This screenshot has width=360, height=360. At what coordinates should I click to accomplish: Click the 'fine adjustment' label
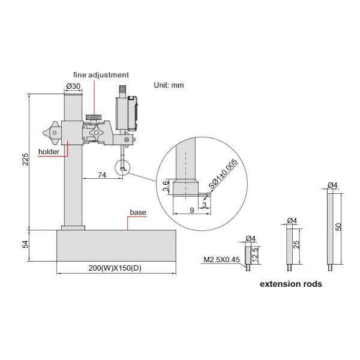[101, 75]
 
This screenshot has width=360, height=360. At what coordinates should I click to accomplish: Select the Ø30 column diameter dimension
[73, 86]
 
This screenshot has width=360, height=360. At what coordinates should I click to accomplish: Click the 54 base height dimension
[25, 245]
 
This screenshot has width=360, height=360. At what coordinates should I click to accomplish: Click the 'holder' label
[49, 152]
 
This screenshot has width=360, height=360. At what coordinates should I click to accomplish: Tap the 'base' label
[138, 212]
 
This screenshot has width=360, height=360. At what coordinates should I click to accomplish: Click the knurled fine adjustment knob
[93, 116]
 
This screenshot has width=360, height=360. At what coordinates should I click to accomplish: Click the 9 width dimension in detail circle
[190, 210]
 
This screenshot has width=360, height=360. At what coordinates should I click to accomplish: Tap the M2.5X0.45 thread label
[220, 260]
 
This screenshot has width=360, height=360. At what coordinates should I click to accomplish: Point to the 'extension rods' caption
[290, 284]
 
